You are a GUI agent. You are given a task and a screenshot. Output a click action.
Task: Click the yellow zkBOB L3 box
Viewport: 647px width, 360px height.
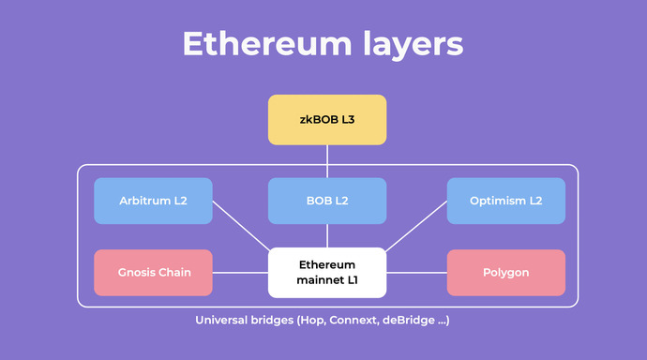[326, 120]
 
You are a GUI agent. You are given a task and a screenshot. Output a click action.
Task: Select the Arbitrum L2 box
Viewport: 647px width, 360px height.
[153, 201]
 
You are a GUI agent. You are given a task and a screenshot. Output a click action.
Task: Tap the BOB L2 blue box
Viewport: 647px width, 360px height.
[326, 201]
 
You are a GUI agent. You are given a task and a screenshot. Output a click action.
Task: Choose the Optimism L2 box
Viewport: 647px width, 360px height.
[505, 201]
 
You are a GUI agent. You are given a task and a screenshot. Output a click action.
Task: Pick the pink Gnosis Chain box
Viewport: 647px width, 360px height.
[153, 273]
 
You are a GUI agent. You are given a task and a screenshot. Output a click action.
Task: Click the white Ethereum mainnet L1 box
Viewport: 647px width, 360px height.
[326, 273]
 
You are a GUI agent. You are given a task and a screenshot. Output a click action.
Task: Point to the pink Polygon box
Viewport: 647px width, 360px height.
[505, 273]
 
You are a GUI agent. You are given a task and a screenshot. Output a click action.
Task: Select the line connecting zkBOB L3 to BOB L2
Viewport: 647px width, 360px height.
[327, 161]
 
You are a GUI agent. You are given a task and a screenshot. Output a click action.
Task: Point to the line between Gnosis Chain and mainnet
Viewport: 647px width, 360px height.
[240, 273]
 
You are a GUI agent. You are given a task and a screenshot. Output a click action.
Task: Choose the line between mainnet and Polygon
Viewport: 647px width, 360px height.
[416, 273]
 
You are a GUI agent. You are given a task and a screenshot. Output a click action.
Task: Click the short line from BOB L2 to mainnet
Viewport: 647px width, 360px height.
[327, 235]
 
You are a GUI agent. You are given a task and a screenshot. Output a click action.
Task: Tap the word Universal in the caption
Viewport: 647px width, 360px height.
[221, 321]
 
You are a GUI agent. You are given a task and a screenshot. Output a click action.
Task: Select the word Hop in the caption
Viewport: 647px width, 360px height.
[310, 321]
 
